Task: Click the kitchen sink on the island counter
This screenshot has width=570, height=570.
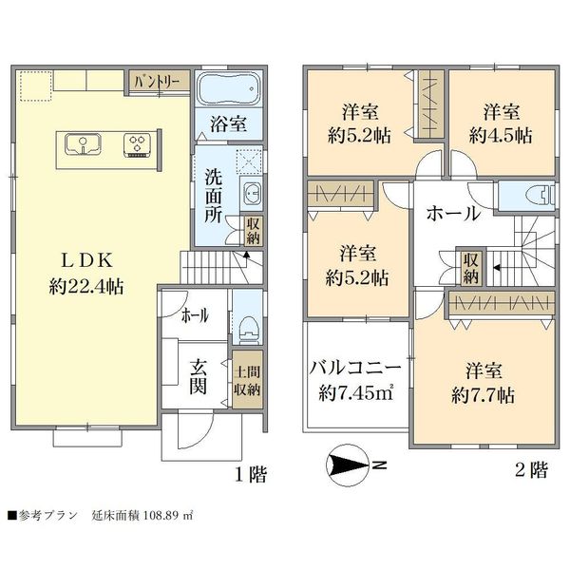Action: pos(84,144)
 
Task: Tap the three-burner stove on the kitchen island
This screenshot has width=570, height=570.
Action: pos(138,145)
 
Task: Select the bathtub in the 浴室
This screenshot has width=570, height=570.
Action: pos(229,88)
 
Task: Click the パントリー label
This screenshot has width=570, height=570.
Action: pos(157,82)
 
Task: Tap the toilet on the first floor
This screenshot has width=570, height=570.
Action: pos(248,330)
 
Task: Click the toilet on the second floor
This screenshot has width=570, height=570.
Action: pos(540,197)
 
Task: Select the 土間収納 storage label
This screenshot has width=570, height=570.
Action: pos(247,381)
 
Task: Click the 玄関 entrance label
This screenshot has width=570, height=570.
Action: pos(199,377)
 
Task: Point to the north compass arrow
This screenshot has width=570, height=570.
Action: pos(348,465)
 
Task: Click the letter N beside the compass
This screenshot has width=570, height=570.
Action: pos(379,465)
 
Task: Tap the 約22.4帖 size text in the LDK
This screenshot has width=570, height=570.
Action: pos(86,287)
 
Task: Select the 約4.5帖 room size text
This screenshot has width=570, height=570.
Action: pos(501,136)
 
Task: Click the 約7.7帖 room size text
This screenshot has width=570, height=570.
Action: pos(484,395)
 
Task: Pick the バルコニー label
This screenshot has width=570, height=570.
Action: pos(355,369)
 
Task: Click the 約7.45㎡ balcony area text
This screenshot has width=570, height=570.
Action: pos(356,392)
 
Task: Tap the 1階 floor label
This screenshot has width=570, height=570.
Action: pos(251,474)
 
